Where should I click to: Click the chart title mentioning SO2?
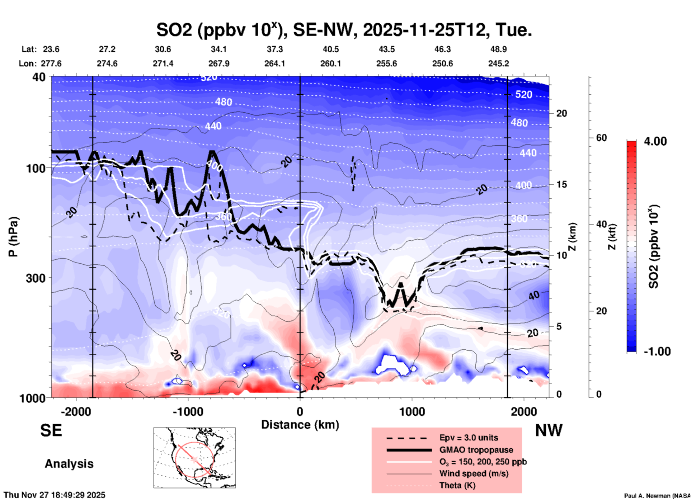point(344,30)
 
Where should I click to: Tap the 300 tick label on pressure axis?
point(36,278)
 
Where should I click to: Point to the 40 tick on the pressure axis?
point(39,77)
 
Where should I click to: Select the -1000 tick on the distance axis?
point(188,411)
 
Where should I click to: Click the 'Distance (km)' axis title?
point(300,425)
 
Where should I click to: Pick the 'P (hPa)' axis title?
point(13,237)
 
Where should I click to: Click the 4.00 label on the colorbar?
point(655,141)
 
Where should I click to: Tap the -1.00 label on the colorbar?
point(657,352)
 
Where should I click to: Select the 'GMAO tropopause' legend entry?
point(476,450)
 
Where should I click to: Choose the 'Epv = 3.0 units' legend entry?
point(469,438)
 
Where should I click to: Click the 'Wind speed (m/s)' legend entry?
point(474,473)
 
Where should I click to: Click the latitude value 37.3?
point(274,49)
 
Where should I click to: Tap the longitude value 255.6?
point(386,63)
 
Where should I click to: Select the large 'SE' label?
point(51,430)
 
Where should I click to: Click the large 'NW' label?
point(549,430)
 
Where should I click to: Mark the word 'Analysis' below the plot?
point(69,464)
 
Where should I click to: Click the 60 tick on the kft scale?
point(601,138)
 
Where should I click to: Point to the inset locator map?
point(194,458)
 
